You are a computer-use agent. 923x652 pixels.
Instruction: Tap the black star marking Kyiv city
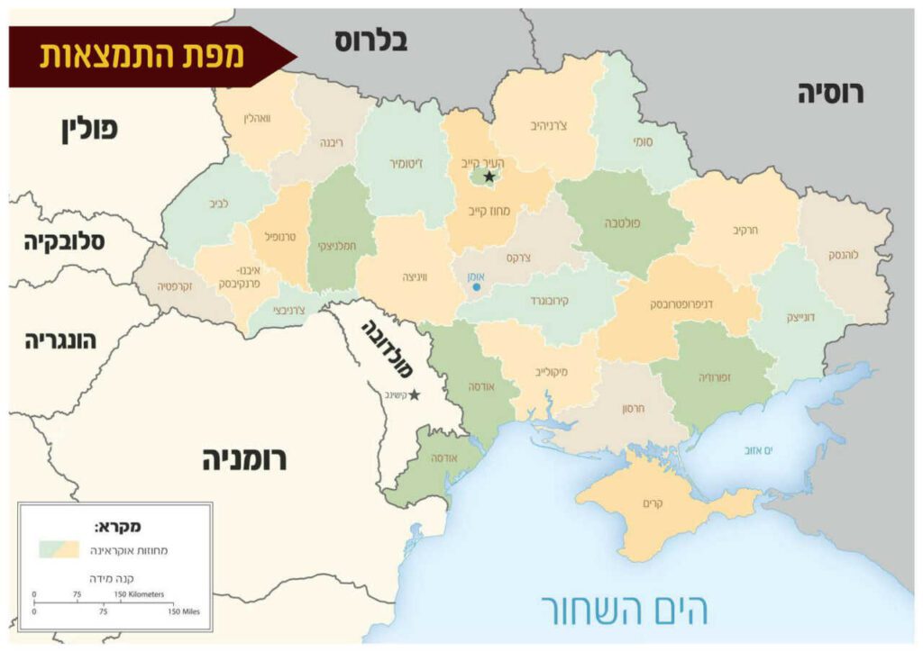point(489,177)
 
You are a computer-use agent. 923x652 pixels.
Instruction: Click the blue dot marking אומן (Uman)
point(475,287)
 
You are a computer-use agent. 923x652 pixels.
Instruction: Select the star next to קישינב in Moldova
point(415,394)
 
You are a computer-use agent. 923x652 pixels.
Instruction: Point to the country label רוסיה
point(830,93)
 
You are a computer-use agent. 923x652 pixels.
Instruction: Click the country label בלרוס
point(371,41)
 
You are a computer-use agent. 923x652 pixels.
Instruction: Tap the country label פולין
point(89,129)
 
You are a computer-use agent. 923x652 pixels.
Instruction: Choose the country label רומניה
point(243,460)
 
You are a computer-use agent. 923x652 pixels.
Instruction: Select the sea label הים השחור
point(624,610)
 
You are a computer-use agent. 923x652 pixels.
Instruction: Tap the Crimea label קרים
point(653,503)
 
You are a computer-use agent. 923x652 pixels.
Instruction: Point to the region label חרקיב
point(745,231)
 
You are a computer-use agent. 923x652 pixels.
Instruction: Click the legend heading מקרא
point(117,526)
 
